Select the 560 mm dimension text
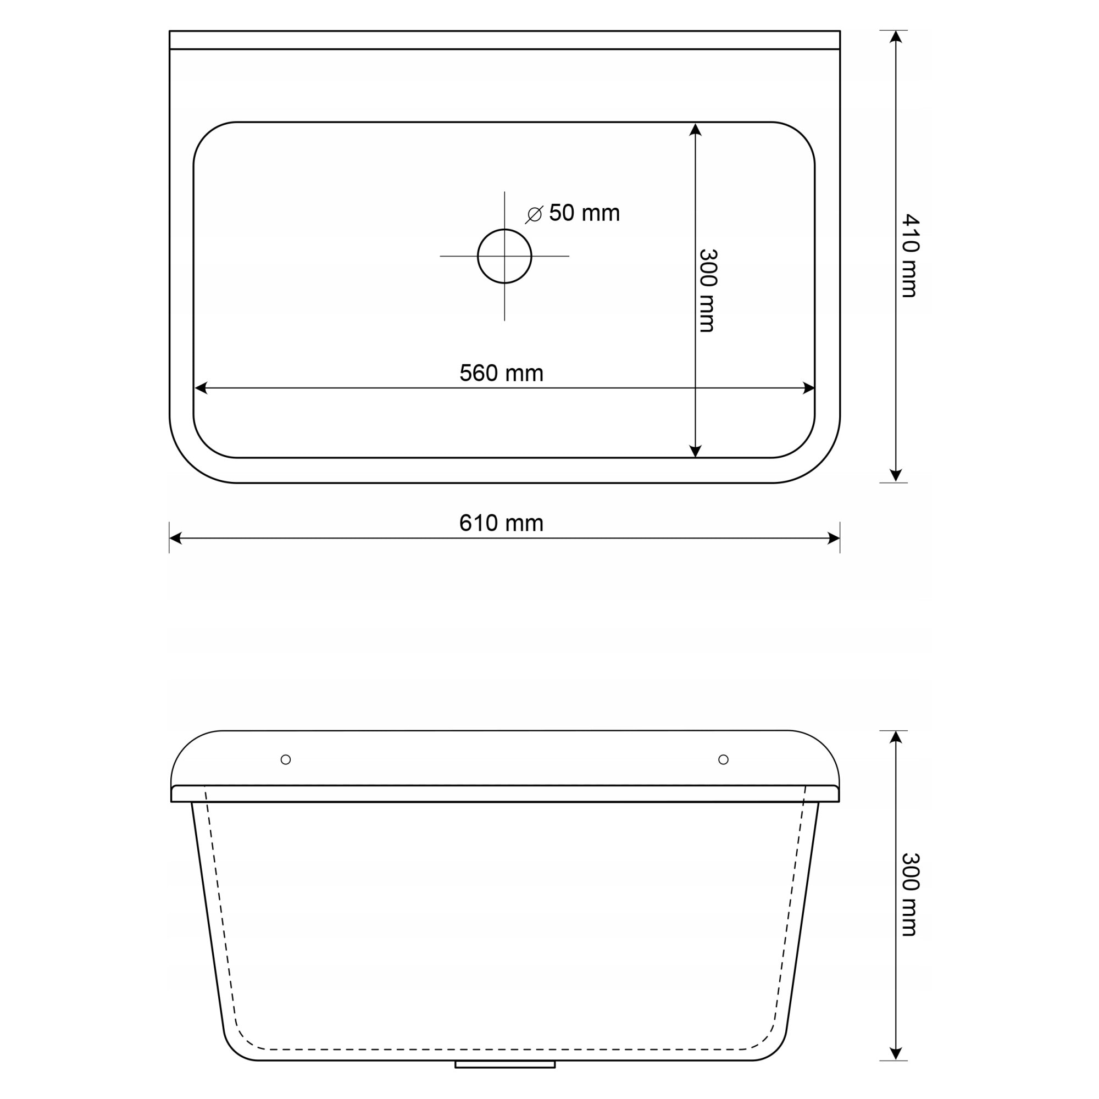click(x=501, y=373)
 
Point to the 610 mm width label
click(x=501, y=523)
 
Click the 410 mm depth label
click(x=911, y=256)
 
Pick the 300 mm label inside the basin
click(x=708, y=290)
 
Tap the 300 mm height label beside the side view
click(x=911, y=895)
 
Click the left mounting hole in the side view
click(x=286, y=759)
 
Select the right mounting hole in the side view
click(x=724, y=759)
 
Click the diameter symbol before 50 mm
click(x=534, y=214)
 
